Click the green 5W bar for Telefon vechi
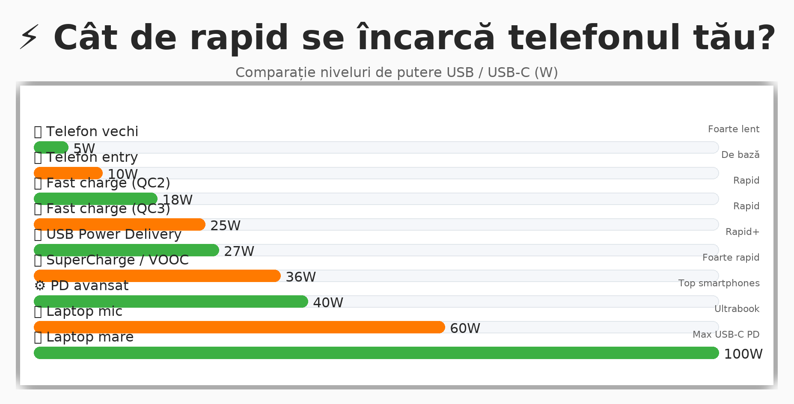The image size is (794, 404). tap(51, 147)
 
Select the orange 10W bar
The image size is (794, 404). tap(68, 173)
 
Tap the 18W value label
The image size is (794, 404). tap(178, 200)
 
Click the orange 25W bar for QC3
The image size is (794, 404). tap(119, 225)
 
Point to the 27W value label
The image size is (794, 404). tap(239, 251)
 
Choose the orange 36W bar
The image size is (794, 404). tap(157, 276)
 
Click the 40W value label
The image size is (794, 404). tap(328, 303)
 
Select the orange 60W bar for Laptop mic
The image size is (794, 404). tap(239, 327)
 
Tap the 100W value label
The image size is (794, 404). tap(743, 354)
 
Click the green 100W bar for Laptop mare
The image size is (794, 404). tap(376, 353)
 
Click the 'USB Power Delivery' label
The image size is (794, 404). tap(113, 234)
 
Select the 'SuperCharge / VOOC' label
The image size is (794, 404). tap(117, 260)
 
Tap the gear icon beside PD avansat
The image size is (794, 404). tap(40, 286)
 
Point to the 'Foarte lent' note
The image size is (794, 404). tap(733, 129)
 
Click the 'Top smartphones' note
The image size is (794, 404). tap(719, 283)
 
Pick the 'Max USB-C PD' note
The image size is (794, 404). tap(726, 335)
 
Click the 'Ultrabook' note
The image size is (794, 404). tap(737, 309)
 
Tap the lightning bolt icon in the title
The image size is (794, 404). tap(30, 37)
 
